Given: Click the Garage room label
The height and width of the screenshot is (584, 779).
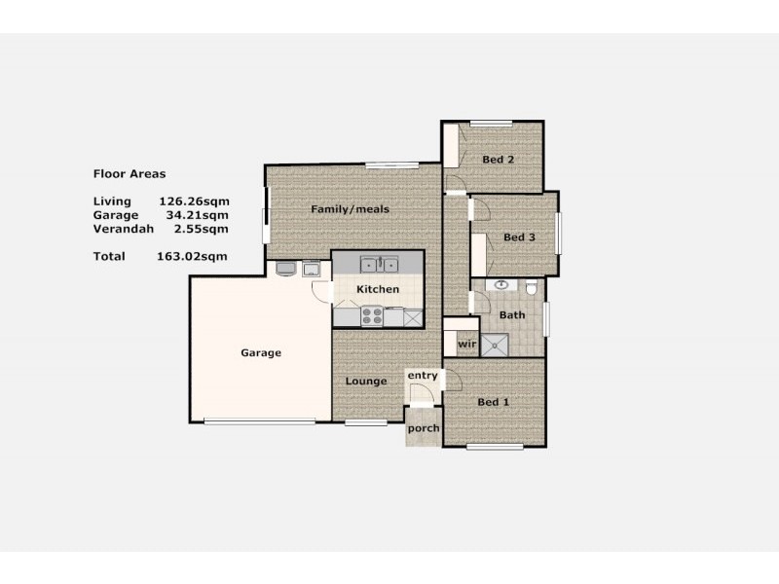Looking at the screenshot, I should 261,353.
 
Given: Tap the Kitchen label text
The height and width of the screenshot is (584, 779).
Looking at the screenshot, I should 377,290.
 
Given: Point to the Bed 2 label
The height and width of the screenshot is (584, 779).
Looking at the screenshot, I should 498,160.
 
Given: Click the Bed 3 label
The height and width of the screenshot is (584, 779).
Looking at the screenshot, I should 519,237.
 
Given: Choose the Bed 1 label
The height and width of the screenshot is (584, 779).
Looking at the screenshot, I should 493,402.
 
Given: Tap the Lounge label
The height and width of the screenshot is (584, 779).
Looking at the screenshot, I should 366,382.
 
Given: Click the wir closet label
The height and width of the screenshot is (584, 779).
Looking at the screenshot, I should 465,345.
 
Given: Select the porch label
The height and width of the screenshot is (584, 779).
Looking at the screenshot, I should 423,429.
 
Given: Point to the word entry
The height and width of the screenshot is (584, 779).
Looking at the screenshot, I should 423,376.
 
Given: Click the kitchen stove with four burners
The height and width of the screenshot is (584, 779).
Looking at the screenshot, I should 372,316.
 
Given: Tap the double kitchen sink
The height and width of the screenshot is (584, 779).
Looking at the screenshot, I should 378,263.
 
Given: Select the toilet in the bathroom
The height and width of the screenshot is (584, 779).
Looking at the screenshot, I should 531,288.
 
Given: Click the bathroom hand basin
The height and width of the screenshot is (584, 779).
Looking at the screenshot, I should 501,285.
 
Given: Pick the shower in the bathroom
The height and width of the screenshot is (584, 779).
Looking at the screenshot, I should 498,343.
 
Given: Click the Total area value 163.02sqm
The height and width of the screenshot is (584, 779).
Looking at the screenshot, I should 192,257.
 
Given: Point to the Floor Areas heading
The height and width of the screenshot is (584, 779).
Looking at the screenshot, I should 129,174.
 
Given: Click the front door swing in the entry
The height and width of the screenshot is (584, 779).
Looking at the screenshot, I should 420,394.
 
